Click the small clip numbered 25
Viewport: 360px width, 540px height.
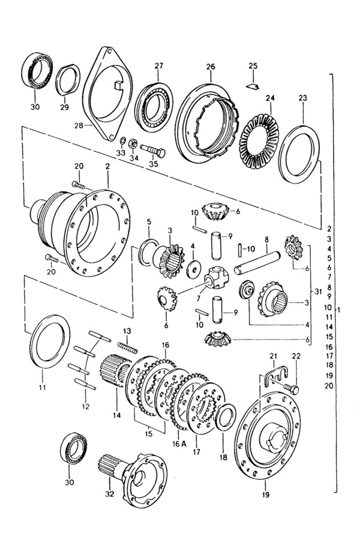point(253,86)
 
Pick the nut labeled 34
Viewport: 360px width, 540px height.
point(132,142)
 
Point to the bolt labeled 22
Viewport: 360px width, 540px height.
point(292,388)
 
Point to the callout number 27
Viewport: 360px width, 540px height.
point(158,65)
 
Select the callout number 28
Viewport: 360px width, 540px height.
point(78,125)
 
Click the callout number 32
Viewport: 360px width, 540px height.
point(110,494)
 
